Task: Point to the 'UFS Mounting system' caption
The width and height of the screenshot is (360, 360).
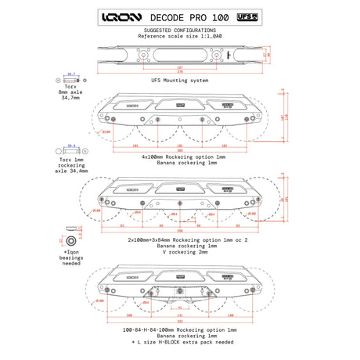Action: click(179, 80)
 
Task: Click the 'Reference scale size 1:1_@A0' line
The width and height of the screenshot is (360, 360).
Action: click(179, 36)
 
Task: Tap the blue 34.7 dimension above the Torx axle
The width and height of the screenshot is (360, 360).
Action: click(72, 74)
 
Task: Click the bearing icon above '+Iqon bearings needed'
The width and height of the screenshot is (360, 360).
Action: click(71, 238)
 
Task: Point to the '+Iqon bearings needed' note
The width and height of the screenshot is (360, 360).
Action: click(70, 257)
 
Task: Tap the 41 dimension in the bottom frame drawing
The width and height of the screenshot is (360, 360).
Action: click(179, 308)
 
